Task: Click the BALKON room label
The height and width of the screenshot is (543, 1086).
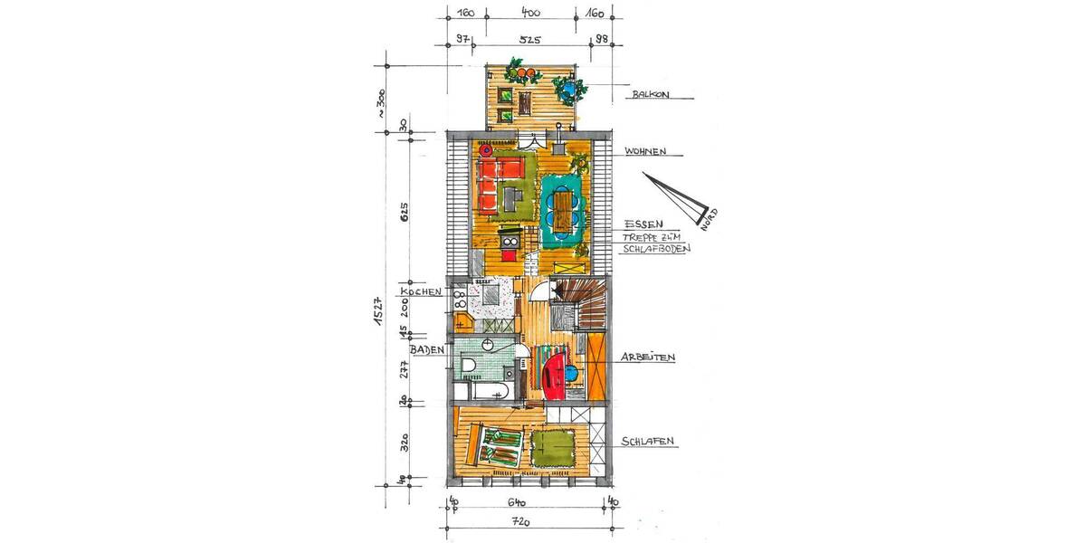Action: click(x=651, y=93)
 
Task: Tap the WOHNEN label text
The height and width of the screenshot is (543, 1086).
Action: click(x=646, y=151)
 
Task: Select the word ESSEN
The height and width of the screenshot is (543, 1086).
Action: click(x=643, y=224)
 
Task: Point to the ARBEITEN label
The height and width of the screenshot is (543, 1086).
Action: click(x=649, y=358)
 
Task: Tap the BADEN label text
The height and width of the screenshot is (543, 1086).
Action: click(x=425, y=349)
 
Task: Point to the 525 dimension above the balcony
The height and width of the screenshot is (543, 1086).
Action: click(x=529, y=40)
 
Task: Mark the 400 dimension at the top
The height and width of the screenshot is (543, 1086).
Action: click(x=530, y=13)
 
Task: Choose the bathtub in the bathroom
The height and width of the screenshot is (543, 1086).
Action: click(x=484, y=391)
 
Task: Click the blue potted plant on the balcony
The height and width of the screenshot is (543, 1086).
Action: click(x=567, y=90)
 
